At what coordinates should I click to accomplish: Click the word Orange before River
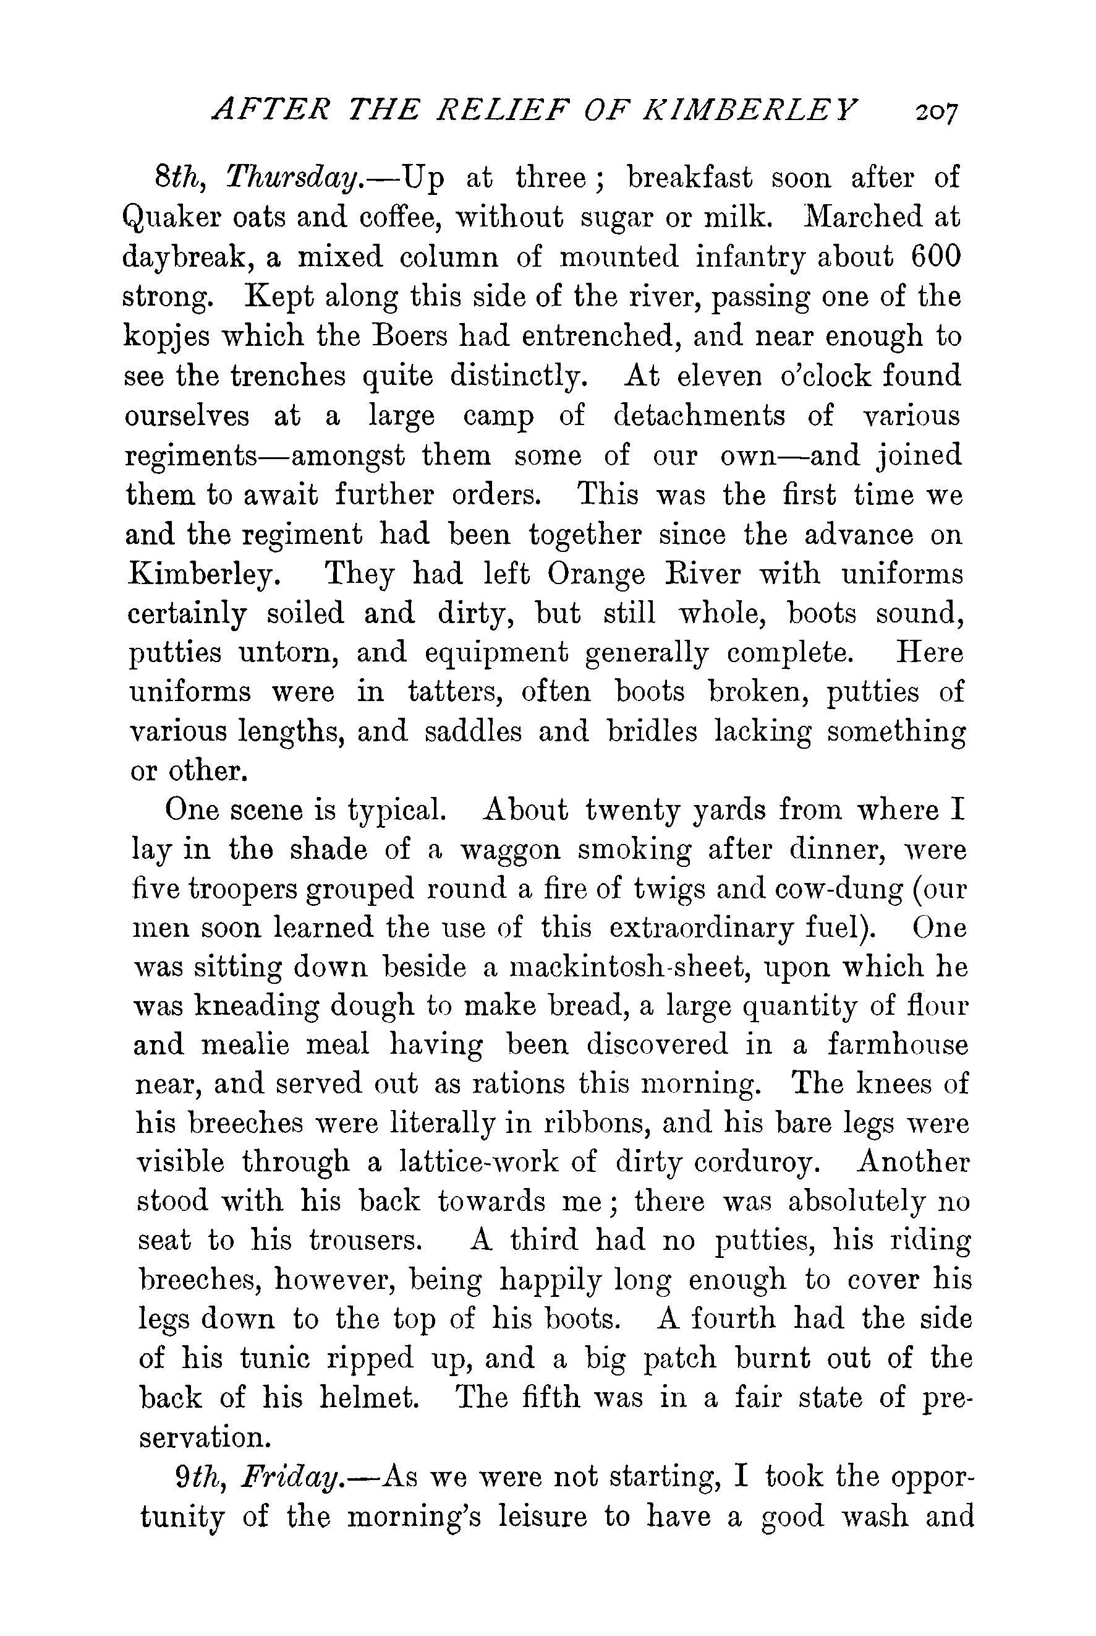tap(597, 574)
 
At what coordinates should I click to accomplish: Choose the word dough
tap(371, 1007)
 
